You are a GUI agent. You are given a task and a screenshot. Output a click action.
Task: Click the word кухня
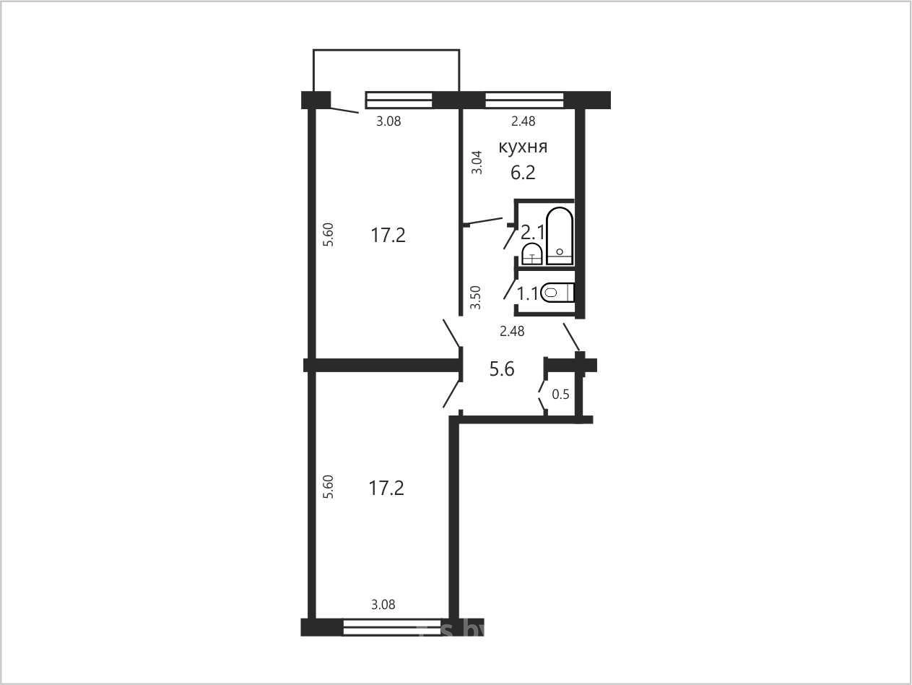[x=523, y=147]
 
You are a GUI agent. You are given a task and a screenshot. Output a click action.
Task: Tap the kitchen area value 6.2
[x=523, y=173]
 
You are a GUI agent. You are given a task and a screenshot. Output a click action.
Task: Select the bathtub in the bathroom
[x=560, y=236]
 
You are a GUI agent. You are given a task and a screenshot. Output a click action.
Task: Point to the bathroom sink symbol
[x=532, y=254]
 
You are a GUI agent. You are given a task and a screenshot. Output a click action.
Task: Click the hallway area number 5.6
[x=502, y=369]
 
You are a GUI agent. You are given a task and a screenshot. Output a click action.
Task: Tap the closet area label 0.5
[x=560, y=395]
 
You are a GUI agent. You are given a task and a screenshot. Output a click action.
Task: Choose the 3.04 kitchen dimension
[x=477, y=163]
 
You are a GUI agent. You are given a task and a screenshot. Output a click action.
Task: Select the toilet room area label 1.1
[x=527, y=294]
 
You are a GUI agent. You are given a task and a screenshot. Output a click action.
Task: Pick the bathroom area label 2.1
[x=533, y=233]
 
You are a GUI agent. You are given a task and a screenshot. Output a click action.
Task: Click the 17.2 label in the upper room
[x=388, y=236]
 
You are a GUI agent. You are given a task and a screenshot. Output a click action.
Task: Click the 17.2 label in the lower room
[x=386, y=488]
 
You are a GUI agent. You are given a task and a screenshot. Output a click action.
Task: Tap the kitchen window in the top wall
[x=524, y=100]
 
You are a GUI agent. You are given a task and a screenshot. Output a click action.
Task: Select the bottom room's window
[x=392, y=627]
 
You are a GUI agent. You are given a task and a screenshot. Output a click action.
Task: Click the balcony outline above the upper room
[x=386, y=50]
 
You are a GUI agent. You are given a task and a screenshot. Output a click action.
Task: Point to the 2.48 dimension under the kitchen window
[x=523, y=121]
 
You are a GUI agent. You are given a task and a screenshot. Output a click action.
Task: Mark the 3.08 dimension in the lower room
[x=383, y=604]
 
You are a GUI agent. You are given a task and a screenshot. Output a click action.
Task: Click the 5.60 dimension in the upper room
[x=329, y=235]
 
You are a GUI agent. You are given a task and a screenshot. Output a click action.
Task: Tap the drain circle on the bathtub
[x=560, y=251]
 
